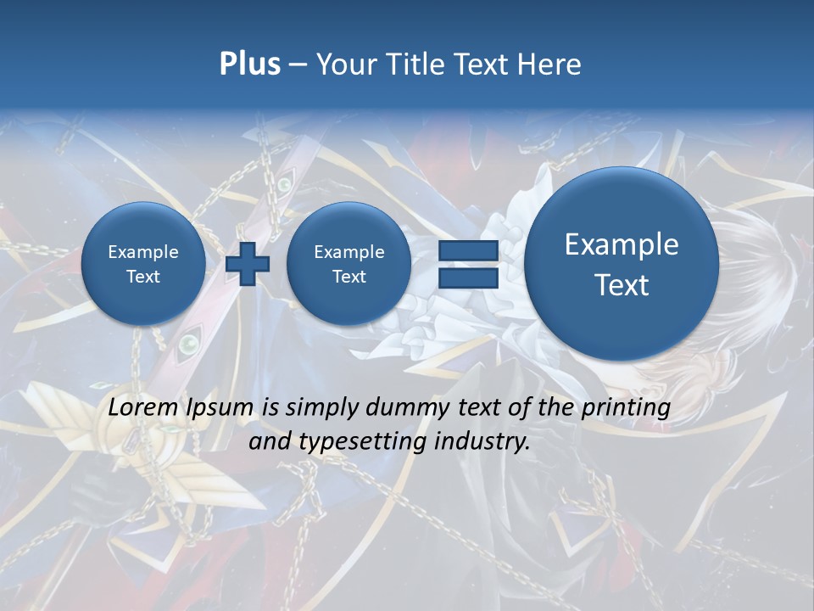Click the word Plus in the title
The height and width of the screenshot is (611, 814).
click(249, 64)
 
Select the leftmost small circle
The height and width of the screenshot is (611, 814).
click(143, 264)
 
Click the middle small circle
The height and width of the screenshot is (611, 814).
click(348, 264)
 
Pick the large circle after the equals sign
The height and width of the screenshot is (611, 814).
click(622, 264)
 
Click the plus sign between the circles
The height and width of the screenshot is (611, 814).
click(247, 264)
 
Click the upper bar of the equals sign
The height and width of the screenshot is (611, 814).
click(467, 251)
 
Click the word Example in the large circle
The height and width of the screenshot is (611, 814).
click(622, 245)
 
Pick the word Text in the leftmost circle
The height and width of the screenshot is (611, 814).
click(143, 277)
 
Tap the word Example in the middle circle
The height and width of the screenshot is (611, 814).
click(348, 252)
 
